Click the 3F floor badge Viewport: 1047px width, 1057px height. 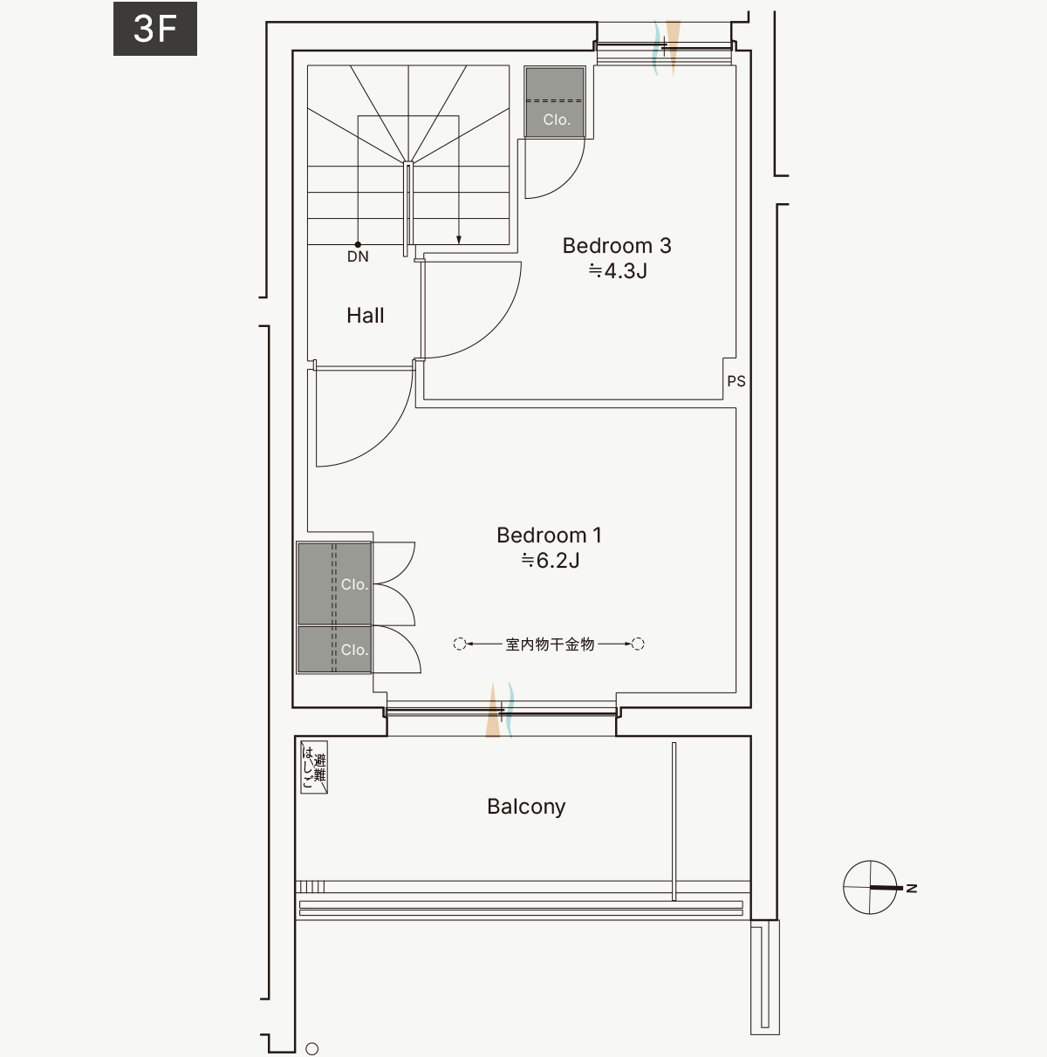(154, 29)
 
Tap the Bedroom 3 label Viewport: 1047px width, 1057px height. (617, 246)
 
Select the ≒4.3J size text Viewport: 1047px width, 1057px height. (618, 271)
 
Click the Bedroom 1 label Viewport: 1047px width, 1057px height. (549, 535)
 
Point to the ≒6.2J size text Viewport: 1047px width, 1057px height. (551, 561)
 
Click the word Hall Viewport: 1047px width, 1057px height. (365, 316)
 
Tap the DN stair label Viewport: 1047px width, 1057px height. (358, 256)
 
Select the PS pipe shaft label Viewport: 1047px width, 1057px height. (736, 381)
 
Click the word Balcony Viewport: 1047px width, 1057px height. (526, 807)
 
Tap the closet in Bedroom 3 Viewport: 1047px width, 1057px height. (555, 102)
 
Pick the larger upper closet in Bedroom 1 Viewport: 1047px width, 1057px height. (334, 583)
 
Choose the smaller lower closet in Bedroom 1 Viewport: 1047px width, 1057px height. (334, 650)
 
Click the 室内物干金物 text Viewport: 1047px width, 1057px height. (550, 644)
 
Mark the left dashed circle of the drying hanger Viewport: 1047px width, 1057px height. (460, 644)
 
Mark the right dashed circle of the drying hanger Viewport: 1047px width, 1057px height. (638, 644)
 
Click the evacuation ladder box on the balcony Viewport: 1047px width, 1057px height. (314, 767)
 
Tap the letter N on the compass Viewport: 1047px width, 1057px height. (912, 888)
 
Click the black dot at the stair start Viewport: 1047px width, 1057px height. (358, 245)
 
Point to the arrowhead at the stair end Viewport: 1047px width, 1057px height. (459, 240)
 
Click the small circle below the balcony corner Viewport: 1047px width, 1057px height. (311, 1049)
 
